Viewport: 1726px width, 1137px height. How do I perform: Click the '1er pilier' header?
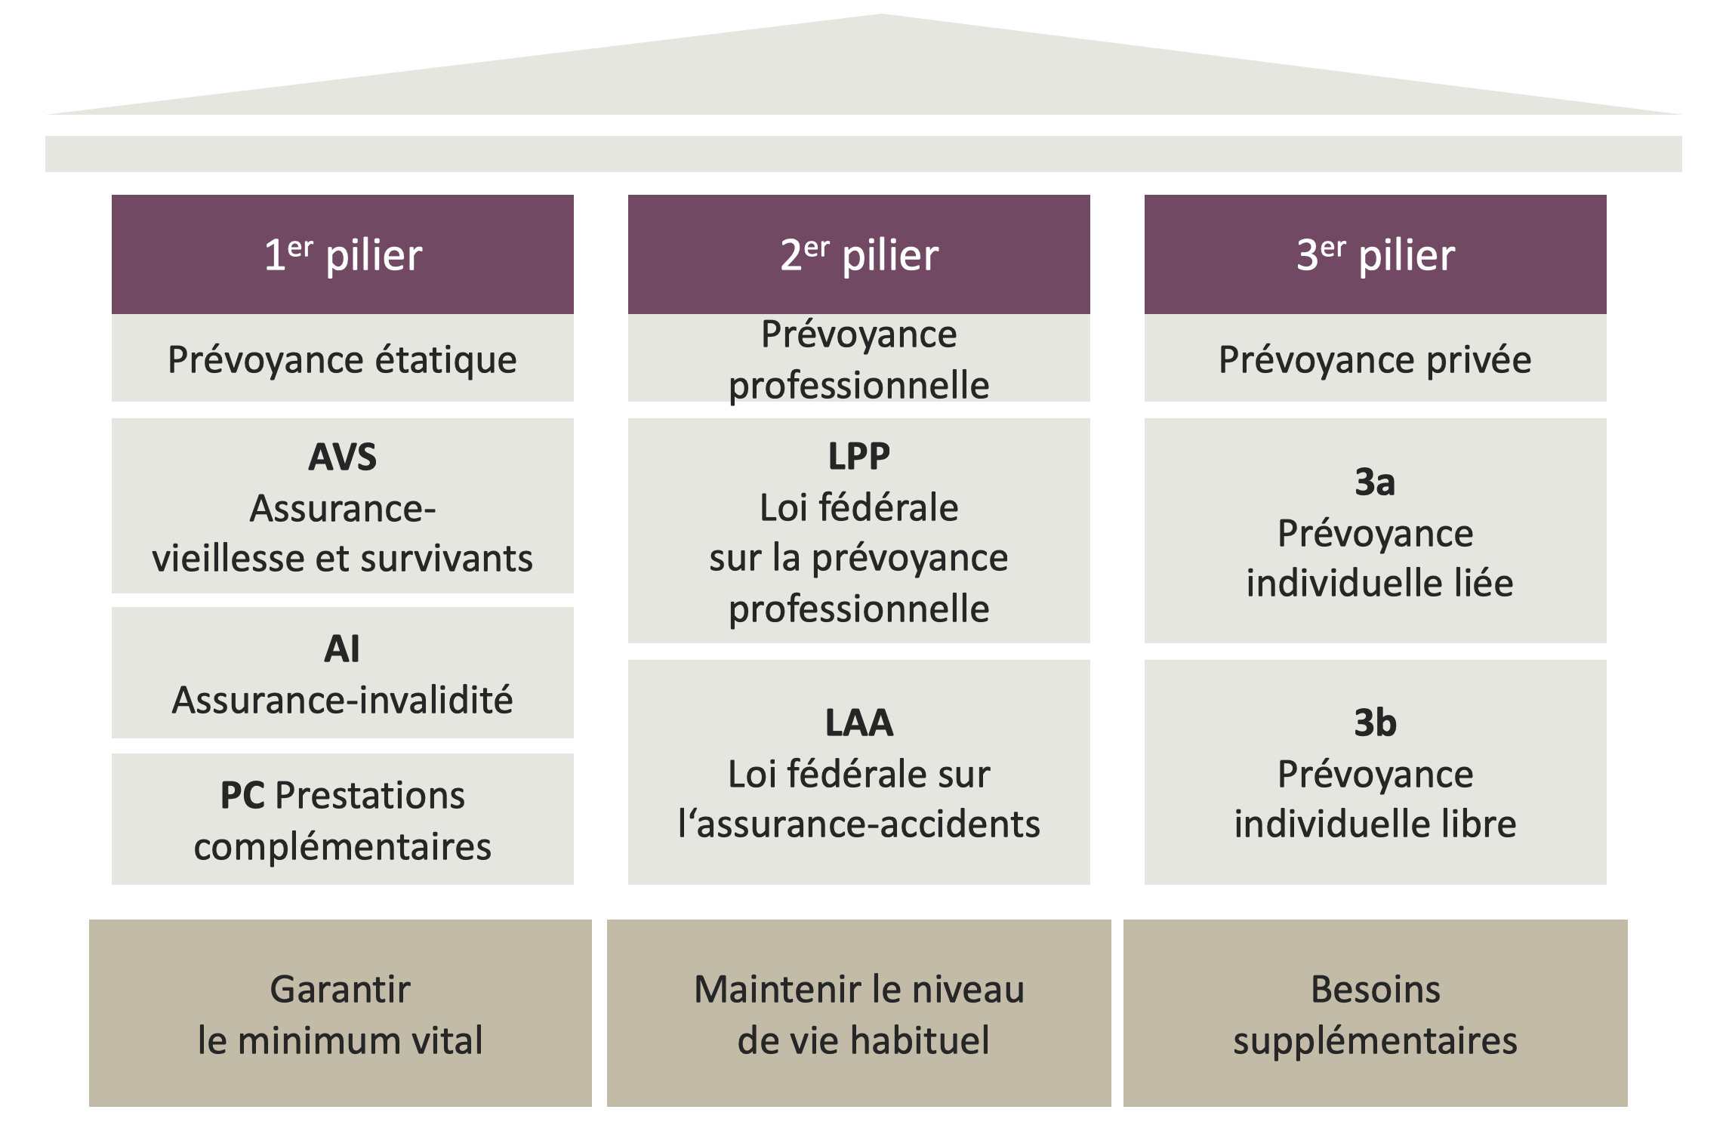point(342,254)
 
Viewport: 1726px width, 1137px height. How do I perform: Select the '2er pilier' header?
point(858,254)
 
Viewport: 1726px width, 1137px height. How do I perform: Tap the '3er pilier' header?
point(1375,254)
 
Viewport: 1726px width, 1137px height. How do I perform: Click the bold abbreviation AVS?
point(342,458)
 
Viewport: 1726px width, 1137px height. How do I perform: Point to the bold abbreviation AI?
point(342,649)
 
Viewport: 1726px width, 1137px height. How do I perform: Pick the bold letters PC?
point(242,796)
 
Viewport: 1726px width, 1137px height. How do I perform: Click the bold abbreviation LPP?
point(858,456)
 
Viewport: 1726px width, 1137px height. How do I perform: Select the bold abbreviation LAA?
point(858,723)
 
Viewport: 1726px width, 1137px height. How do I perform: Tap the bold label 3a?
point(1375,482)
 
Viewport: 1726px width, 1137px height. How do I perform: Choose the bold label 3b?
point(1375,723)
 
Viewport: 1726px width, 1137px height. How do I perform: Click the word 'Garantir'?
point(340,990)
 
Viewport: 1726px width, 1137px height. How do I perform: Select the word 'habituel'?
point(919,1041)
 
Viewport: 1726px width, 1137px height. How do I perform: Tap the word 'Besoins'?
point(1375,990)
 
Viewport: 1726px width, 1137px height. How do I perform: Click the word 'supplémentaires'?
point(1375,1041)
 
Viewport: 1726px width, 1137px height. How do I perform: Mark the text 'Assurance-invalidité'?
point(342,701)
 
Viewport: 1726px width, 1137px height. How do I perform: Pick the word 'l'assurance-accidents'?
point(858,824)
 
